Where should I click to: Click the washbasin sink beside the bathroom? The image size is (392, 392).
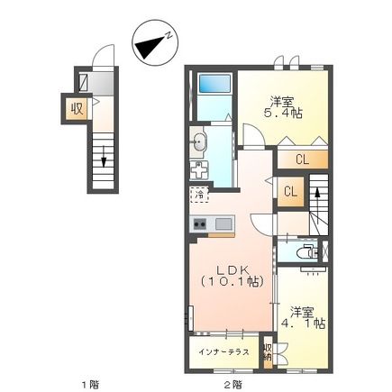point(199,141)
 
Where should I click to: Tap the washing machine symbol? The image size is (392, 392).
point(200,169)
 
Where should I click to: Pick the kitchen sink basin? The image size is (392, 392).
point(223,223)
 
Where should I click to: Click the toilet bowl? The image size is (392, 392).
point(309,253)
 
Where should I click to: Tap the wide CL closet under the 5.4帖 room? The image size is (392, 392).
point(302,160)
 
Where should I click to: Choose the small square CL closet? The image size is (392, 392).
point(291,191)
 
